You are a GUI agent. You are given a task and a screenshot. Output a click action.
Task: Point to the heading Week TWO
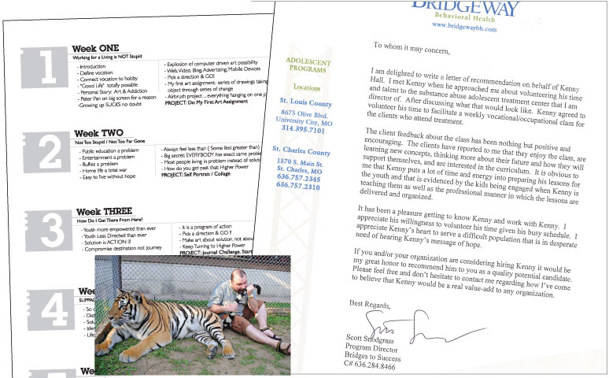tap(97, 133)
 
